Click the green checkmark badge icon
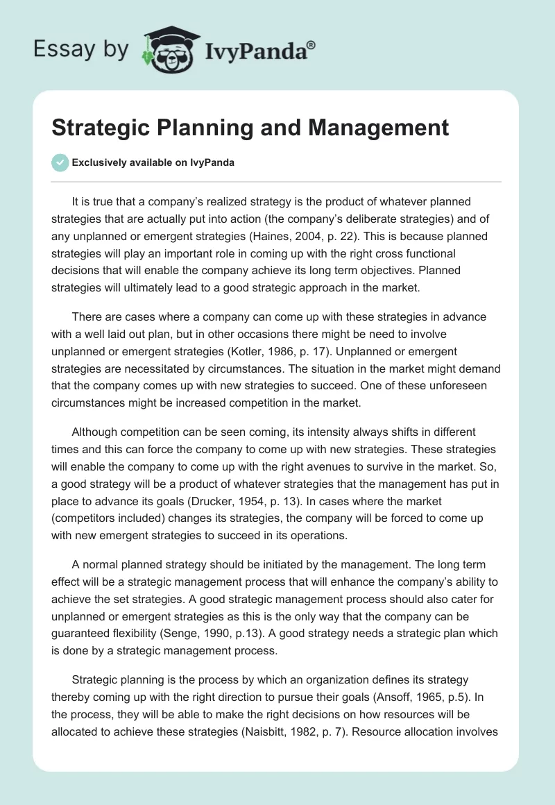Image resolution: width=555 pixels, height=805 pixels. click(x=60, y=162)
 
